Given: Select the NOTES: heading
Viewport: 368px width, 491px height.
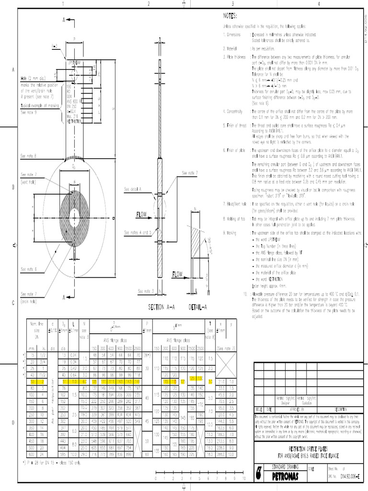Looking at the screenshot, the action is [230, 16].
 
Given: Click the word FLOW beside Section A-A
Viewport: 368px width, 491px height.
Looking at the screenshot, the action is [143, 213].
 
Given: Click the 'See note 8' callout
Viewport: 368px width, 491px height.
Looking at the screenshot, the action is [29, 156].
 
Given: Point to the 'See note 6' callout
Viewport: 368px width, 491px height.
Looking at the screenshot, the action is [29, 269].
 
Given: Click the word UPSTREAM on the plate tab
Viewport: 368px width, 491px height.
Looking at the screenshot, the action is [75, 63].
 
